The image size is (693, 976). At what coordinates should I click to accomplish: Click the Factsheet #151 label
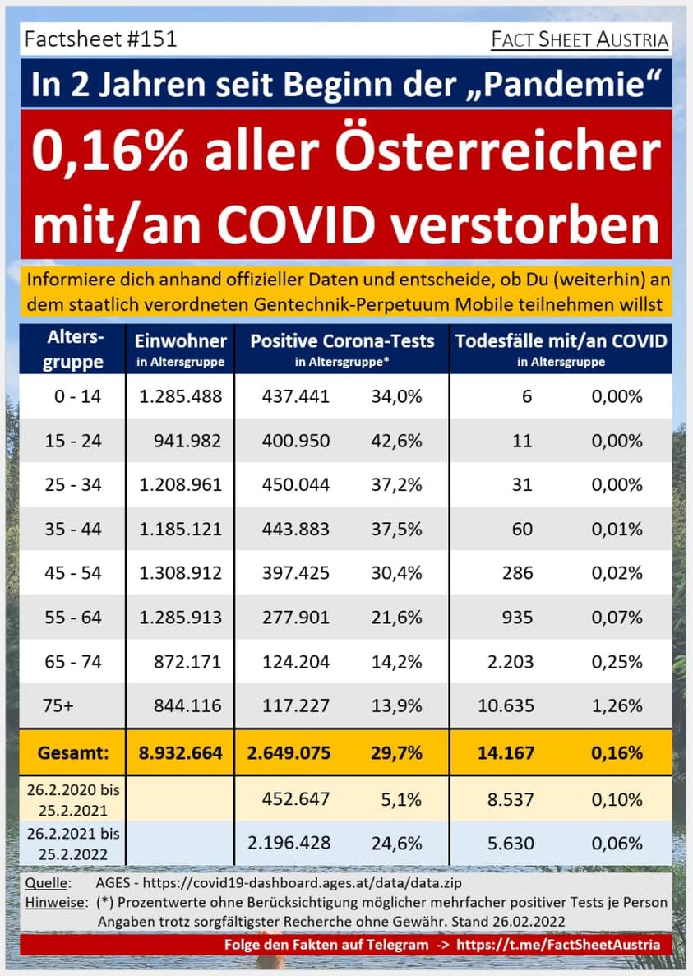(x=101, y=39)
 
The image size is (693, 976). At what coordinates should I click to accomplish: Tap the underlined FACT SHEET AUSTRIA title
(x=579, y=39)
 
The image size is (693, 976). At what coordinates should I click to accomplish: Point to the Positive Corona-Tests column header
(x=342, y=340)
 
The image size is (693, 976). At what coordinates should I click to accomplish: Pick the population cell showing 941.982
(x=187, y=441)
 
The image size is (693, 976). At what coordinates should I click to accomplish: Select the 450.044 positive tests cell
(x=296, y=485)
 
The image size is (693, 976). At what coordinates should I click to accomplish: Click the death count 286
(x=517, y=573)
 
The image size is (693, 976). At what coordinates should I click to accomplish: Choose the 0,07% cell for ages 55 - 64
(x=617, y=618)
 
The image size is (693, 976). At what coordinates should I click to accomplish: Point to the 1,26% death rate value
(x=617, y=705)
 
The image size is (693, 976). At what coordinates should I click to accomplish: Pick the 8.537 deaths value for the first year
(x=511, y=798)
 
